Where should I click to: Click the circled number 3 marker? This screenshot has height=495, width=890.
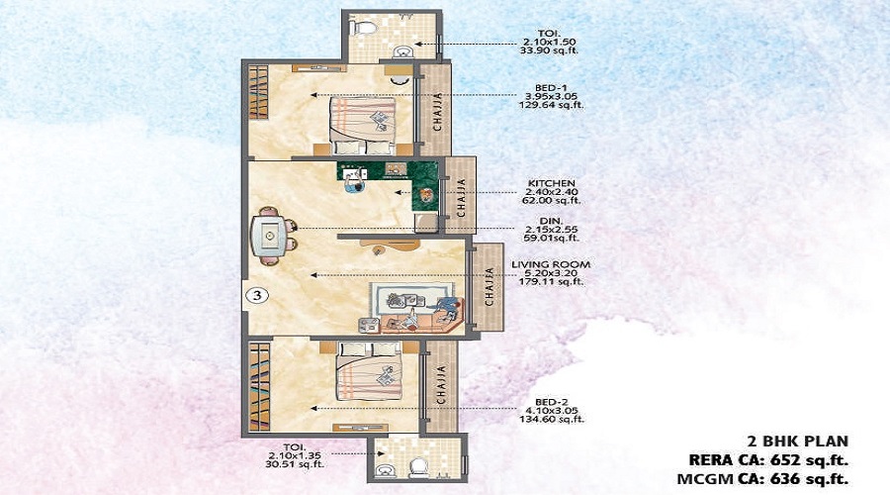(x=255, y=294)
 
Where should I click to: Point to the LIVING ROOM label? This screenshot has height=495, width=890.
(x=548, y=263)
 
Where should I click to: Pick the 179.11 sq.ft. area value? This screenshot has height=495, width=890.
(x=548, y=282)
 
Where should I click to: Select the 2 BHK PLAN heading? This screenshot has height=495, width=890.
(x=796, y=440)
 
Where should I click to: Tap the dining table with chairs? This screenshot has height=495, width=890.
(x=268, y=235)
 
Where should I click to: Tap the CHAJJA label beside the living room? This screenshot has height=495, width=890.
(x=489, y=287)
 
